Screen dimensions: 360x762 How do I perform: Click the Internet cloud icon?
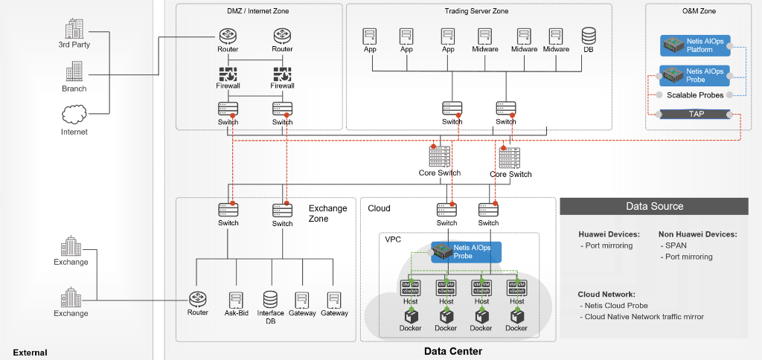pos(74,115)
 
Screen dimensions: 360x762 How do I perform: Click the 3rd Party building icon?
pos(74,29)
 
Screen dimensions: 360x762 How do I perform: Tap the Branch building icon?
pos(74,72)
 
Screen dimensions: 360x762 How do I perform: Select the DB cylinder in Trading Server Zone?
pos(589,35)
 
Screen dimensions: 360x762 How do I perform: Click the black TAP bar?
pos(697,114)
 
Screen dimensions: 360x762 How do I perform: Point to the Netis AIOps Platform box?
pos(695,45)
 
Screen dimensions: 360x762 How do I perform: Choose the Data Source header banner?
pos(654,206)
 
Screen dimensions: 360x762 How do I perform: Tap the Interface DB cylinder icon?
pos(270,299)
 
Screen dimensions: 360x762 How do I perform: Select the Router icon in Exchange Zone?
pos(198,299)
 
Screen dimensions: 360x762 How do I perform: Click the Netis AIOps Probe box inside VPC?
pos(467,251)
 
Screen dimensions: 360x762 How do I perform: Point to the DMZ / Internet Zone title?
pos(258,11)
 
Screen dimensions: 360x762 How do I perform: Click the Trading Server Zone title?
pos(477,11)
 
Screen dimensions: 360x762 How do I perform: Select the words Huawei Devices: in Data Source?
pos(609,234)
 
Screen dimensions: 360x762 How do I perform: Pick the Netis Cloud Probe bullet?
pos(616,306)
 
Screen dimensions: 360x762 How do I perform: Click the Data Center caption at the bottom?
pos(453,351)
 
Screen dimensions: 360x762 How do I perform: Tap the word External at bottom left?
pos(30,353)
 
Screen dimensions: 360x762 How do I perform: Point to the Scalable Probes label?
pos(695,95)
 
